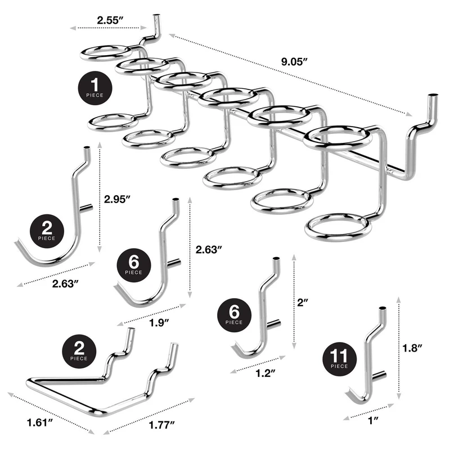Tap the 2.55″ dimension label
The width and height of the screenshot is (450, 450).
click(110, 20)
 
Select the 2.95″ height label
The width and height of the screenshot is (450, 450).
click(118, 199)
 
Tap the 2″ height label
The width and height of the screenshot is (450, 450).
click(304, 302)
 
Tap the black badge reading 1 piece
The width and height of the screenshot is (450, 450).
click(95, 88)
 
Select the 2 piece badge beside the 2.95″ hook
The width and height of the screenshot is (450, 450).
click(47, 229)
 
